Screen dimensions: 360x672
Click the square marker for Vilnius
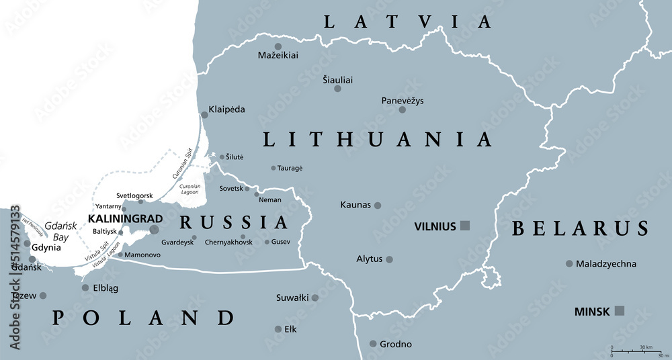[464, 226]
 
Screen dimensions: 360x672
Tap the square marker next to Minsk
[620, 310]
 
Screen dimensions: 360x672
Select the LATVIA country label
[408, 21]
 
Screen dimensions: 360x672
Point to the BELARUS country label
[580, 228]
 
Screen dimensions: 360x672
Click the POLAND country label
[144, 318]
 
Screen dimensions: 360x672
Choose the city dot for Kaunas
[378, 206]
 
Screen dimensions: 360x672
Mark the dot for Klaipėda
[204, 115]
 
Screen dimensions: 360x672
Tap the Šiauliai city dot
[337, 89]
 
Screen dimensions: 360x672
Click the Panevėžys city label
[403, 101]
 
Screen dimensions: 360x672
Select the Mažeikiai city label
[278, 56]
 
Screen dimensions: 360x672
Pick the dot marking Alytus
[389, 259]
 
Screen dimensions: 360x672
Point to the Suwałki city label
[292, 298]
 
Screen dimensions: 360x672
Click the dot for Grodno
[373, 344]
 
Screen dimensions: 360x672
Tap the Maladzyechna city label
[605, 264]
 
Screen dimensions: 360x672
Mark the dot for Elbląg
[85, 288]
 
